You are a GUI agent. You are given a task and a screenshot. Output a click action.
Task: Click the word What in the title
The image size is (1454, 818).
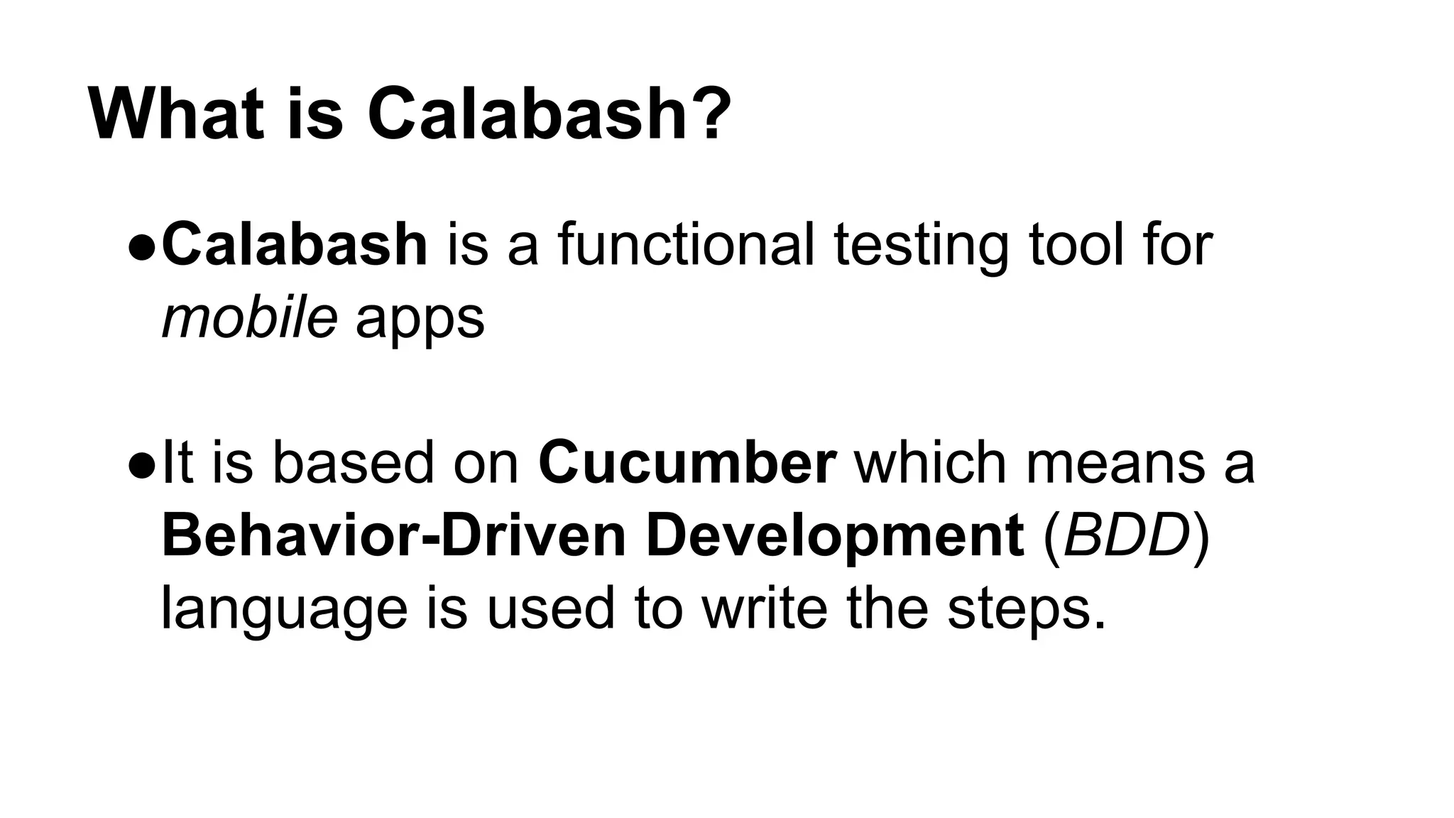177,114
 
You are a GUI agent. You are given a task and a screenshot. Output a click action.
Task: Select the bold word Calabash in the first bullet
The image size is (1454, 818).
295,244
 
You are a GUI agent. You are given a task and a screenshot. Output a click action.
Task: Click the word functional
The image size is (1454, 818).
686,244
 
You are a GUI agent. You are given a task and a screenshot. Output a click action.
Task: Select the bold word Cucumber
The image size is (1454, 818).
687,463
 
